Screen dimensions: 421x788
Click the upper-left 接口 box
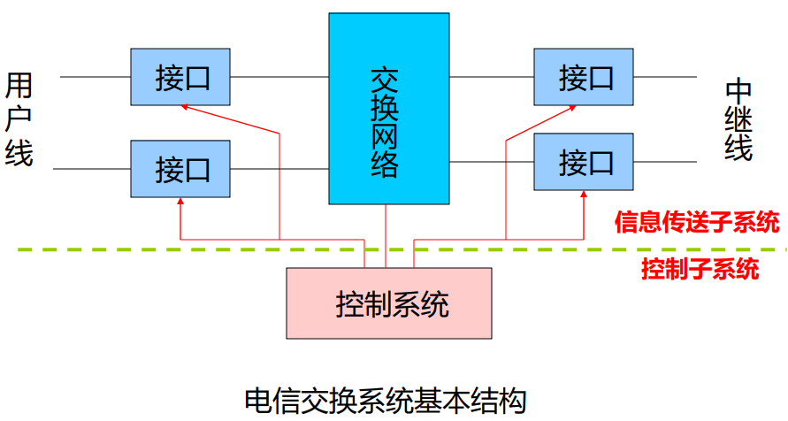(x=180, y=77)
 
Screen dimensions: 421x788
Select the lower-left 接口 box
(x=180, y=167)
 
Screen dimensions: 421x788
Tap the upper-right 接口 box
(x=584, y=77)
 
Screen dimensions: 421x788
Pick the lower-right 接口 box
(x=584, y=161)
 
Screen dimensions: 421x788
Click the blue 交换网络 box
(x=385, y=108)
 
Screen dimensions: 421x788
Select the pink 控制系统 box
(x=389, y=302)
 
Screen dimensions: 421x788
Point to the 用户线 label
(x=19, y=119)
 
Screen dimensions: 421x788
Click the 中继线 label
(x=738, y=119)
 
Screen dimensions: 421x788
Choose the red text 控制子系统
(x=700, y=269)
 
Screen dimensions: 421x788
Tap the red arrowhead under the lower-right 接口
(x=585, y=195)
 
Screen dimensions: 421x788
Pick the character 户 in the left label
(x=19, y=119)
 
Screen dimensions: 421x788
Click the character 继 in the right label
(x=738, y=119)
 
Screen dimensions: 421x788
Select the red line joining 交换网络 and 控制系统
(x=386, y=235)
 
